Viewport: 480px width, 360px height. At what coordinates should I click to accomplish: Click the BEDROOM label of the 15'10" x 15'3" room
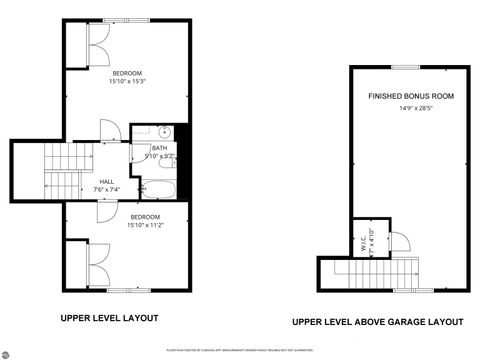[127, 73]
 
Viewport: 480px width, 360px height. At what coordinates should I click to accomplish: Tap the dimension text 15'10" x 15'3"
[127, 82]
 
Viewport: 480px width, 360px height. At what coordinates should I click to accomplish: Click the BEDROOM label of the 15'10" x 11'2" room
[145, 217]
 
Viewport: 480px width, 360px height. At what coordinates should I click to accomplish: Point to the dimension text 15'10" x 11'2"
[145, 226]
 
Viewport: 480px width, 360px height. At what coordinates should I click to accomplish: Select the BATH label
[159, 148]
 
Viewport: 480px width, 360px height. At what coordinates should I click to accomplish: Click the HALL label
[106, 181]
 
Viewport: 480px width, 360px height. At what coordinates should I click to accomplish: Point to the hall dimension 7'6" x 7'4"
[106, 189]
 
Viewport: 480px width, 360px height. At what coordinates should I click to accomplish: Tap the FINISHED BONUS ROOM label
[410, 96]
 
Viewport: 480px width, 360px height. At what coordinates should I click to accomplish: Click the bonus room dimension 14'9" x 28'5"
[410, 108]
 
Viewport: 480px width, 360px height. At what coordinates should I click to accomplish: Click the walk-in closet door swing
[397, 240]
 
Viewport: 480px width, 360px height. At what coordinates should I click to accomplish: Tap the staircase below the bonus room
[376, 271]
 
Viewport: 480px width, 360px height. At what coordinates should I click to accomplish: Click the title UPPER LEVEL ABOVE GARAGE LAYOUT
[377, 322]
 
